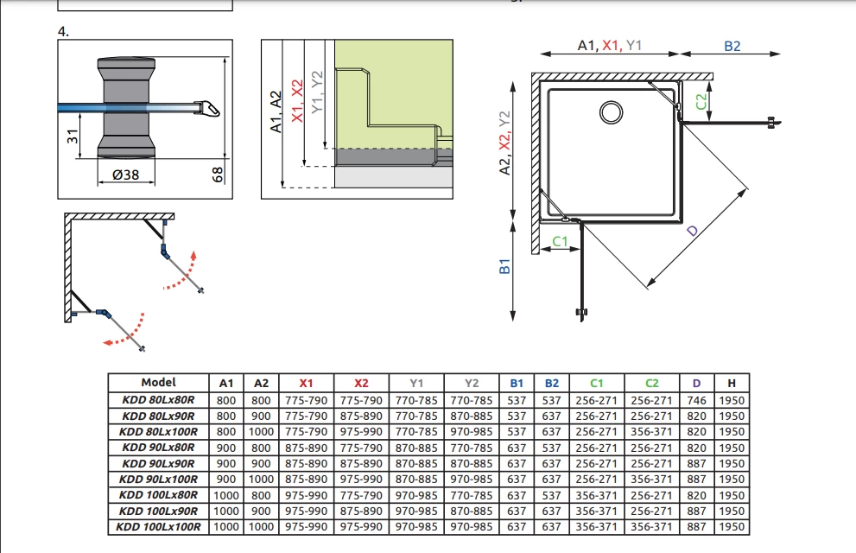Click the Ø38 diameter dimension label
[125, 175]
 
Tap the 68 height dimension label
[218, 175]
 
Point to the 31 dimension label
[73, 136]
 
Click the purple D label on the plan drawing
[692, 231]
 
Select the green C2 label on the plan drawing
[701, 102]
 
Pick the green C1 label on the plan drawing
[560, 241]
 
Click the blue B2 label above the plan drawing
[732, 47]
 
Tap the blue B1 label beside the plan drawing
[504, 266]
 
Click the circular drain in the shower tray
[611, 112]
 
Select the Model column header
[158, 382]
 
